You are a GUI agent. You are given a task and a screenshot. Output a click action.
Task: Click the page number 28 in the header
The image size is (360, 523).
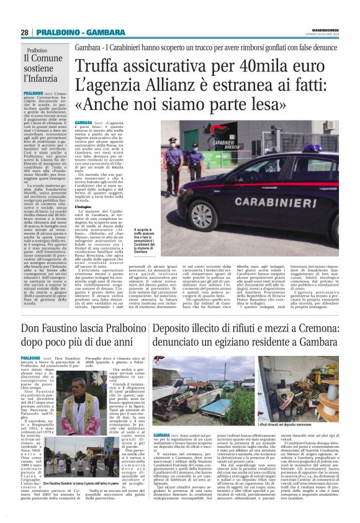pos(24,32)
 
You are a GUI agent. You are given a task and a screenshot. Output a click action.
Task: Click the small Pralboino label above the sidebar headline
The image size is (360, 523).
pos(38,51)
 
